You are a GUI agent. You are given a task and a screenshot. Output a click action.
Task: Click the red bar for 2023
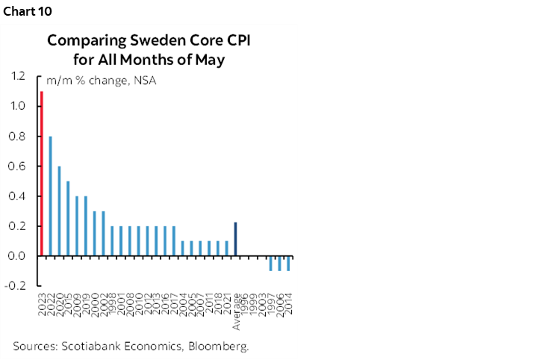[42, 173]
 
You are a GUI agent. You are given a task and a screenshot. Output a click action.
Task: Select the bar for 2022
[51, 196]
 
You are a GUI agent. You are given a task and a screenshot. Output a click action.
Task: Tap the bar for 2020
[59, 211]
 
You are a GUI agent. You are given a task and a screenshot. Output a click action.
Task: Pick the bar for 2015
[68, 218]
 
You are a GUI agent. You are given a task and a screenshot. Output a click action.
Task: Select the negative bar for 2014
[288, 263]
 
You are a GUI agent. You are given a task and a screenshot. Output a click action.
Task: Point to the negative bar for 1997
[270, 263]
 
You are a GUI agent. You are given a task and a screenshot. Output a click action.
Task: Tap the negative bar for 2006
[279, 263]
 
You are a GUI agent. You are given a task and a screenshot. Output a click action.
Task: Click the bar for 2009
[77, 226]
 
